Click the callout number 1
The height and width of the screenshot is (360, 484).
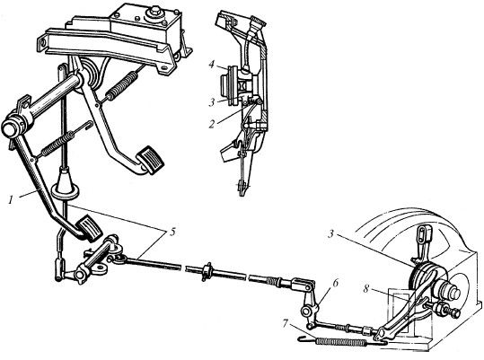(11, 200)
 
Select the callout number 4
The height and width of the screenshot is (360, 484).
(211, 66)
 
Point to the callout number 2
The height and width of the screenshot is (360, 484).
(211, 124)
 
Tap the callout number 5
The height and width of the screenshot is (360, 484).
(172, 232)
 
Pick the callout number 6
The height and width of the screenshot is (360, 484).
(336, 283)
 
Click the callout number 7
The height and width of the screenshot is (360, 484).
(286, 324)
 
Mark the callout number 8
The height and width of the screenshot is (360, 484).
(366, 290)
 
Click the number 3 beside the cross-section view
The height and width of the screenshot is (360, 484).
(211, 102)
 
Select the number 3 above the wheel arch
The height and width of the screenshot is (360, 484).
(330, 234)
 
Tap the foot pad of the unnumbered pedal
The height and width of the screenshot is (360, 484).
(150, 160)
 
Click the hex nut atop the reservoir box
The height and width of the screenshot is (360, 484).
(154, 13)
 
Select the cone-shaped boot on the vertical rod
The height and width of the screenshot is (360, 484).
(66, 184)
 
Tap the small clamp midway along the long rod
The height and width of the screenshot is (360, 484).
(207, 271)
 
